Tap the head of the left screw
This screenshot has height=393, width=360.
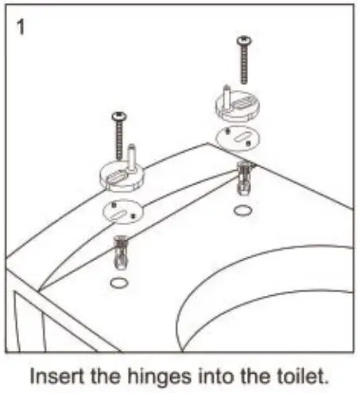(120, 117)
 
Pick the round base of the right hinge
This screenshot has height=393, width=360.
(238, 106)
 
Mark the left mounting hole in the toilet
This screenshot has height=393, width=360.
(118, 284)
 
